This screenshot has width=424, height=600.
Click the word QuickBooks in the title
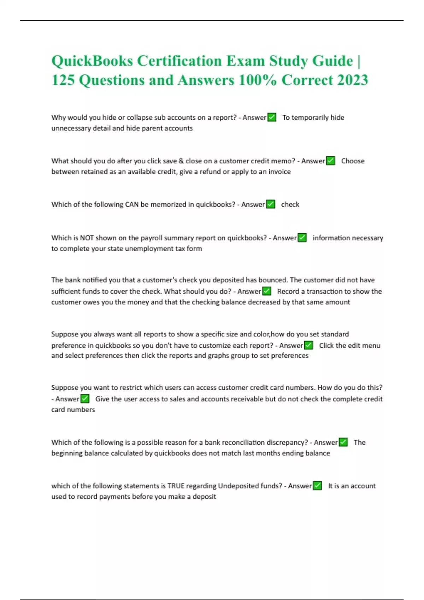pos(92,61)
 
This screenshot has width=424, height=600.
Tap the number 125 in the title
pos(63,80)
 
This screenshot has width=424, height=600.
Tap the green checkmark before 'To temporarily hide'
pos(272,117)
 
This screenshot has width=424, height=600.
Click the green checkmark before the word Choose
pos(330,161)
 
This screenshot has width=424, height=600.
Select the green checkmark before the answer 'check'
pos(270,204)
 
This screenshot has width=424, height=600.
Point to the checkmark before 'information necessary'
pos(302,238)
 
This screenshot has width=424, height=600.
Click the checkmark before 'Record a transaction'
pos(266,291)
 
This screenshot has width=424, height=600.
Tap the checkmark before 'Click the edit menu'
pos(308,345)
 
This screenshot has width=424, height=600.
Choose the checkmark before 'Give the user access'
pos(85,399)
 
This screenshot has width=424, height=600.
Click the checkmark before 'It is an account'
pos(317,486)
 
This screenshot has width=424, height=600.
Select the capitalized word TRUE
pos(176,486)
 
